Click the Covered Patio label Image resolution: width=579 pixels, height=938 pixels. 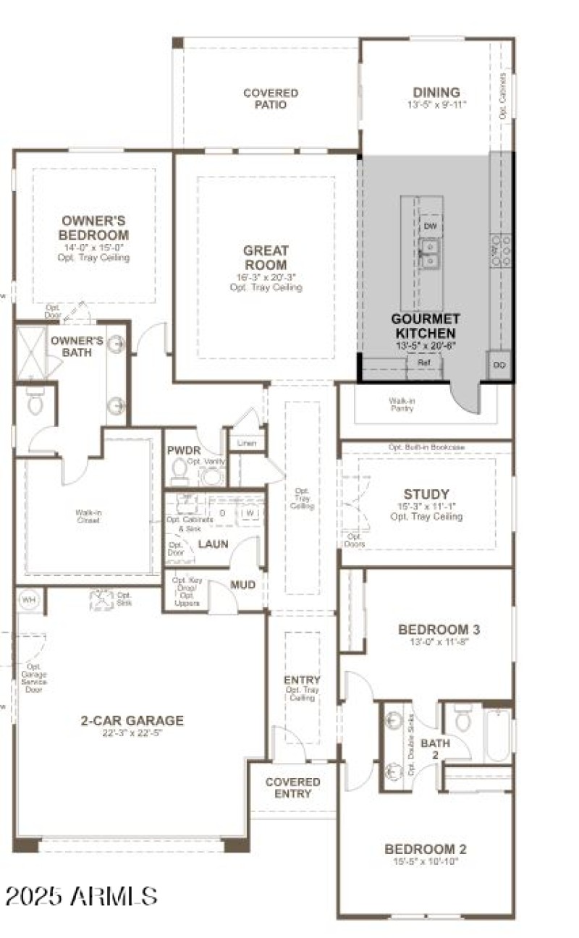(270, 98)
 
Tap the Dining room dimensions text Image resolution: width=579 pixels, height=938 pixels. (436, 104)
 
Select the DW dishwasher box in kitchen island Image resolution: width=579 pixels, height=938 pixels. (431, 227)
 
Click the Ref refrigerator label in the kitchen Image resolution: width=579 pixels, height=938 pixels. (423, 363)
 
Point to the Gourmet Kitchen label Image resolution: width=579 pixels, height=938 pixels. (425, 325)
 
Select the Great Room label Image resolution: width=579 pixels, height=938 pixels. (266, 258)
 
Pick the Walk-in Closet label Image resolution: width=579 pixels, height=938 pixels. (88, 517)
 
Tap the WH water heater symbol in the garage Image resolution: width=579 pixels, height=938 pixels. (29, 599)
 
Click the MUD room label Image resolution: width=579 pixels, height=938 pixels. (242, 584)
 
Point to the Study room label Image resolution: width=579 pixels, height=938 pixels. (426, 494)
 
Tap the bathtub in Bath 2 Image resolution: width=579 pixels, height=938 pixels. (498, 734)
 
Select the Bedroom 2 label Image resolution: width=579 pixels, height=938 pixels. (426, 849)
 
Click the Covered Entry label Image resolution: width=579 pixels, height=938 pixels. (293, 787)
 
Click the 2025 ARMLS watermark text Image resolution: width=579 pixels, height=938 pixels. (81, 896)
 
